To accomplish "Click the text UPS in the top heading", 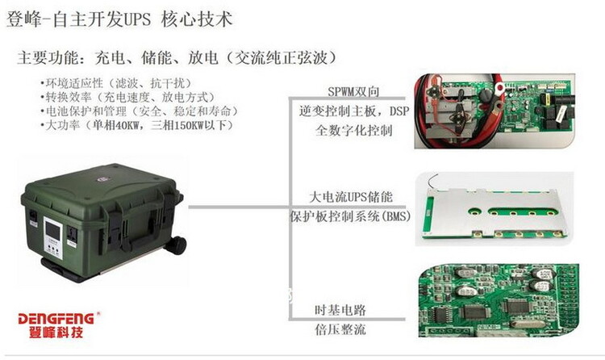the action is (x=137, y=19).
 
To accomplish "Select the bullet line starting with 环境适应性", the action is (x=115, y=83).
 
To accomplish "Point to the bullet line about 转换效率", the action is (x=127, y=97).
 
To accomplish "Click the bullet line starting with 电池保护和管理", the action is (x=139, y=111).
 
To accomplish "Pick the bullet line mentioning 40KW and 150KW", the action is (x=136, y=125).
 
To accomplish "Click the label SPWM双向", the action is (x=354, y=91).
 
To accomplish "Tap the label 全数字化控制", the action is (x=354, y=130).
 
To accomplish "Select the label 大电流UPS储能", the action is (x=351, y=197).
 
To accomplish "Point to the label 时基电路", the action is (x=340, y=310).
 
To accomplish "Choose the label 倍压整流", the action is (x=340, y=329).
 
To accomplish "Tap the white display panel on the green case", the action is (x=53, y=237).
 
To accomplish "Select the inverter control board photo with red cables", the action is (x=494, y=111).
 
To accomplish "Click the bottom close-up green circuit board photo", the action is (x=499, y=300).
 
